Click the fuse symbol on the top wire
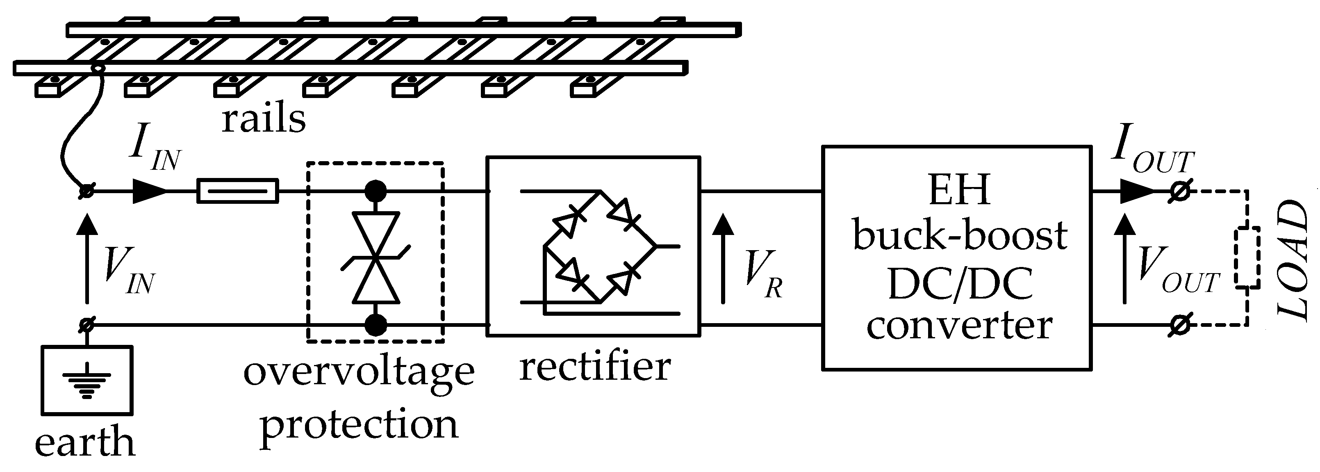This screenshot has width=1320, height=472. click(x=238, y=192)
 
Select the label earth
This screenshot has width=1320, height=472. click(x=85, y=442)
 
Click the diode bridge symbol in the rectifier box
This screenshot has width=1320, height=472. click(x=599, y=246)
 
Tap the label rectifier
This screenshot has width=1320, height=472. click(x=594, y=367)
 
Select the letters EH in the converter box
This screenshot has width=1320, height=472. click(x=959, y=191)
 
